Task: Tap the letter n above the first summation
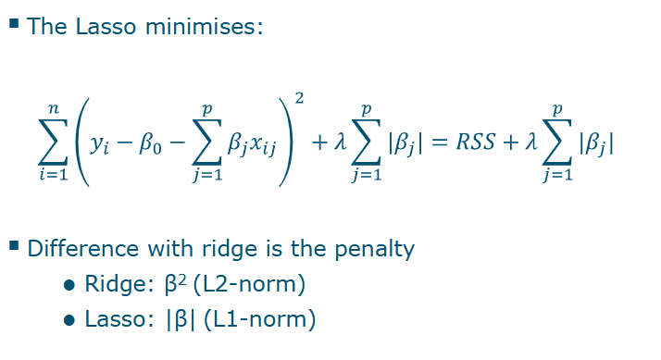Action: [54, 110]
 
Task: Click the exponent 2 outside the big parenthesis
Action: [298, 98]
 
